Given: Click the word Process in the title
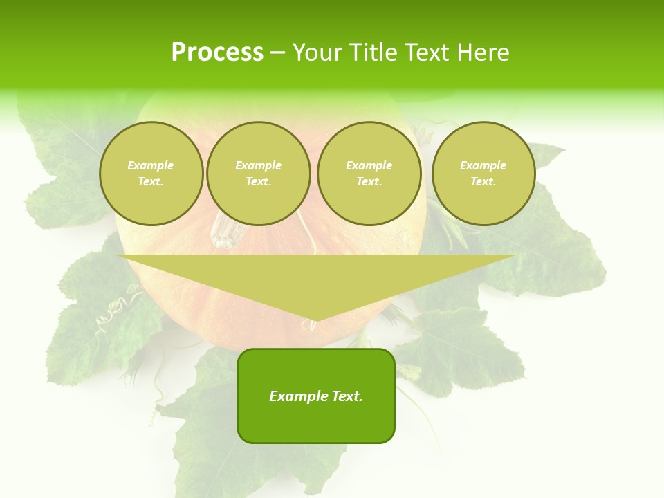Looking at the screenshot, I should pyautogui.click(x=217, y=53).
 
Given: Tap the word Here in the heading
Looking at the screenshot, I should pyautogui.click(x=483, y=53).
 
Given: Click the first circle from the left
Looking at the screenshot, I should pyautogui.click(x=151, y=174).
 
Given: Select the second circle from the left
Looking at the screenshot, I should pyautogui.click(x=258, y=174).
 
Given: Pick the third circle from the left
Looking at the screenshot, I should pyautogui.click(x=369, y=174).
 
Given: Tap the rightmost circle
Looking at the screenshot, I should pyautogui.click(x=483, y=174).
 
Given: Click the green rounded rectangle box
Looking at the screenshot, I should pyautogui.click(x=316, y=396).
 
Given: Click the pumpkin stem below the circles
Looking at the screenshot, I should pyautogui.click(x=223, y=231).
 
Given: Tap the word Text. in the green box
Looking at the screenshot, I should pyautogui.click(x=347, y=396).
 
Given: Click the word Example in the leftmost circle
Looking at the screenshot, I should pyautogui.click(x=151, y=166).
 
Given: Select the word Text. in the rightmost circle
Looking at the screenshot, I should pyautogui.click(x=483, y=182).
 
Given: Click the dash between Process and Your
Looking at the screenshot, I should pyautogui.click(x=277, y=53).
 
